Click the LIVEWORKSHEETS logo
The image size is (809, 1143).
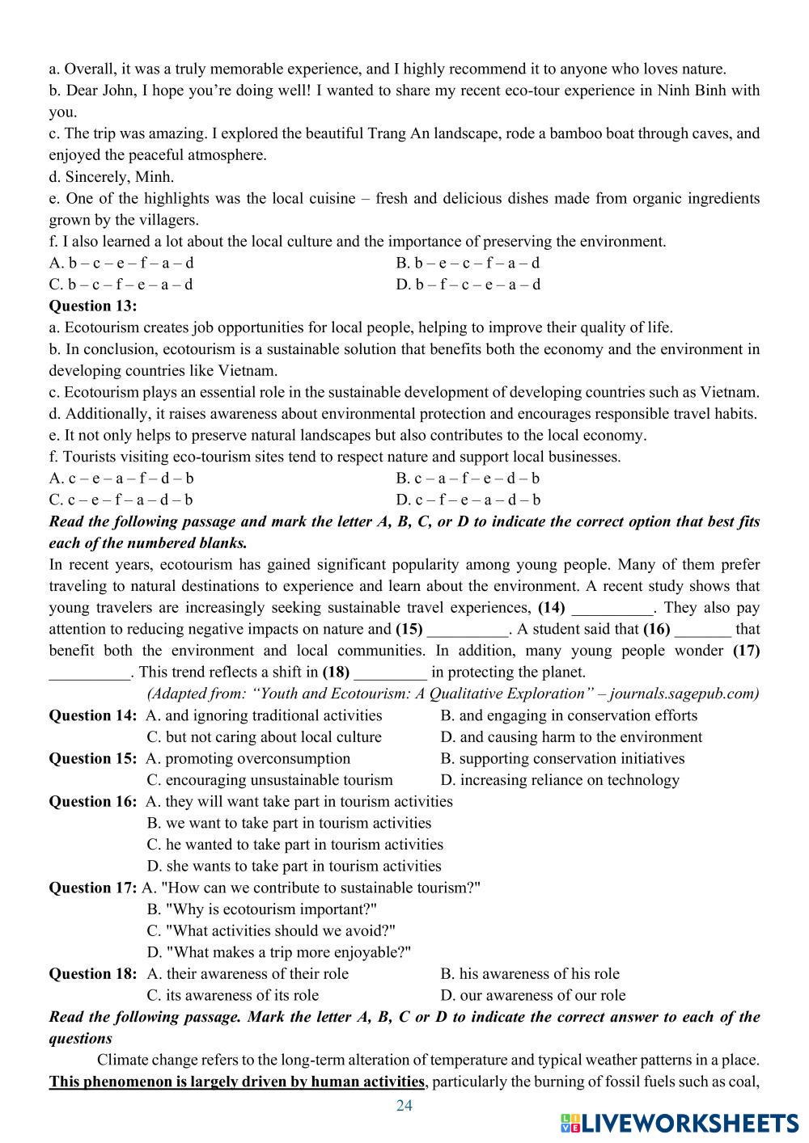(x=678, y=1122)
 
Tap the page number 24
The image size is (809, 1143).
(x=404, y=1106)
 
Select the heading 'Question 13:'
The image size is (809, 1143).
(x=93, y=306)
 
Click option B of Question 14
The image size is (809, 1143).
(x=569, y=715)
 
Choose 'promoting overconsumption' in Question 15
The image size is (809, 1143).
(x=256, y=758)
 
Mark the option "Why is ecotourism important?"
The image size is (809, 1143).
(x=270, y=909)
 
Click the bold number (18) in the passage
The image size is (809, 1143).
(x=336, y=672)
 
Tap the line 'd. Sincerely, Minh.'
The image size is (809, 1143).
(x=112, y=176)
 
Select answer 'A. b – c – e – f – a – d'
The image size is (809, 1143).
(x=121, y=263)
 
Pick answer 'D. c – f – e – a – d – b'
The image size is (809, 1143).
(x=468, y=500)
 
